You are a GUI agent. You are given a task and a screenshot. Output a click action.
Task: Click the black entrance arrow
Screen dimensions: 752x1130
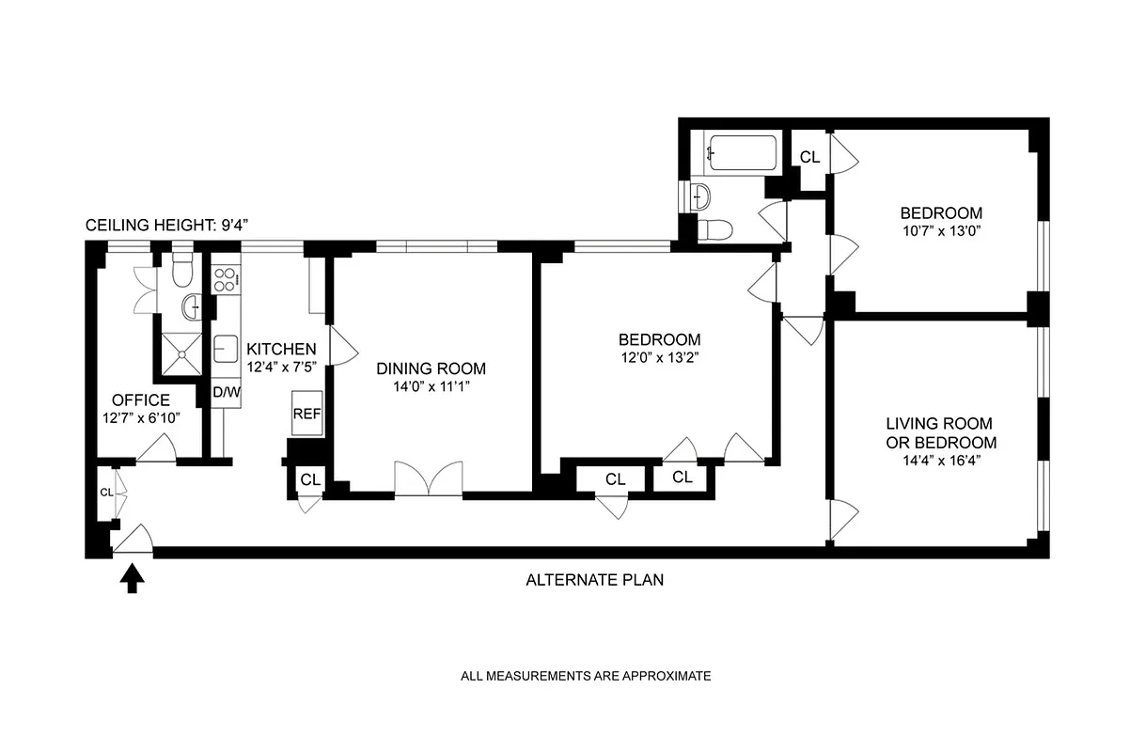click(133, 577)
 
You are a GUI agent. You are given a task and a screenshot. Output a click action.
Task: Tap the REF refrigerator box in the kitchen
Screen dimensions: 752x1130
click(307, 413)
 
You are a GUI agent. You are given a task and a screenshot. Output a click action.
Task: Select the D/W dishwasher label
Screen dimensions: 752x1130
click(226, 392)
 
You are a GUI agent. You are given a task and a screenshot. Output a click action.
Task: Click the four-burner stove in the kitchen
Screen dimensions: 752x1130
click(226, 278)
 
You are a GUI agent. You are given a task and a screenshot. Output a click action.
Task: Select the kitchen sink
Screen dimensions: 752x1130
click(226, 348)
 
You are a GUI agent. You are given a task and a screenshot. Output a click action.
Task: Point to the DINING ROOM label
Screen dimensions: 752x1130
click(432, 368)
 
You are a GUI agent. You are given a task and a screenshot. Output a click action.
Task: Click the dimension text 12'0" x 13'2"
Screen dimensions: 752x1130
click(659, 357)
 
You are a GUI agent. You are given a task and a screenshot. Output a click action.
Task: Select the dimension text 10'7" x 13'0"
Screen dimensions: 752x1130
click(941, 230)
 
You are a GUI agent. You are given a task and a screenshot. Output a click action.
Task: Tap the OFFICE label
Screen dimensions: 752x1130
click(141, 399)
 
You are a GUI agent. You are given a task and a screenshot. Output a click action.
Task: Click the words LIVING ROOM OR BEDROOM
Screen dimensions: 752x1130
click(941, 433)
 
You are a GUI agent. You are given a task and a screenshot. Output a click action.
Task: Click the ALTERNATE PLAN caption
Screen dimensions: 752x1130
click(594, 580)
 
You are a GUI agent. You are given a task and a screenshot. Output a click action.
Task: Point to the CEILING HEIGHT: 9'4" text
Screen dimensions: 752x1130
click(166, 226)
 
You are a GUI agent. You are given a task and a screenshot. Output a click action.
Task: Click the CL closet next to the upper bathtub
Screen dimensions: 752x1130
click(809, 157)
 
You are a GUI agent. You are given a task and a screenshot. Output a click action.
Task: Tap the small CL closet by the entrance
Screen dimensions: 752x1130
click(106, 492)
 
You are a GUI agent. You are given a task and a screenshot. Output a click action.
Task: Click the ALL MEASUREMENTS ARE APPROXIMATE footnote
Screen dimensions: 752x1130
click(586, 675)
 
